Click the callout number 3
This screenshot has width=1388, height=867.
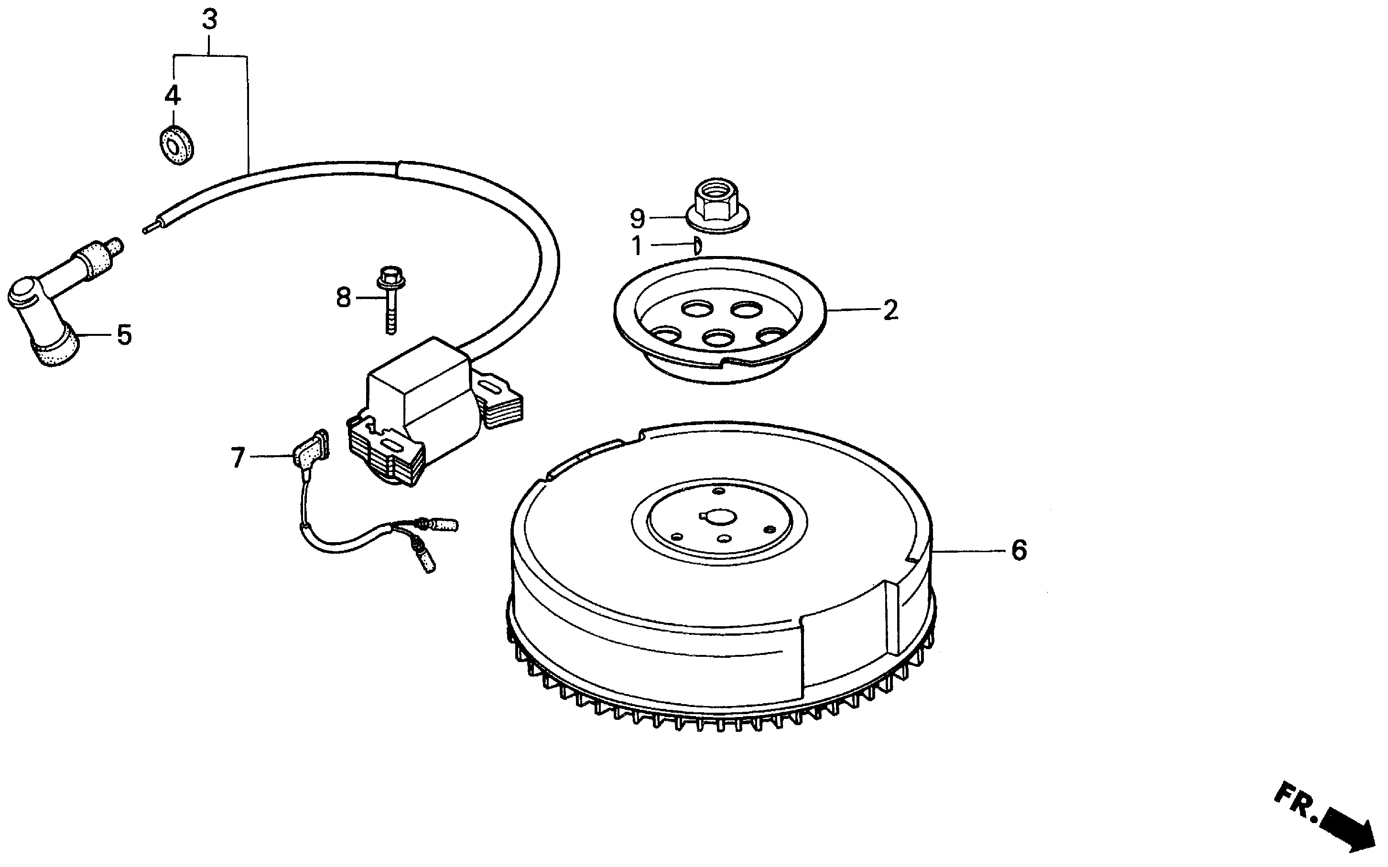point(210,20)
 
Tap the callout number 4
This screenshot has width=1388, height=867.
point(173,95)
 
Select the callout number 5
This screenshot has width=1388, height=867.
point(124,335)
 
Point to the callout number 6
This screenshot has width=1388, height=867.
point(1019,550)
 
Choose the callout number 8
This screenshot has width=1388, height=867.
point(343,298)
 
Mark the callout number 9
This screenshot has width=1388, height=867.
point(637,218)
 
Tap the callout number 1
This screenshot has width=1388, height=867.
point(636,246)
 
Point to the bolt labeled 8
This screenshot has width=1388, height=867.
point(390,300)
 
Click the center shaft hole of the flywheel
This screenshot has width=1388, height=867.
point(717,517)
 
